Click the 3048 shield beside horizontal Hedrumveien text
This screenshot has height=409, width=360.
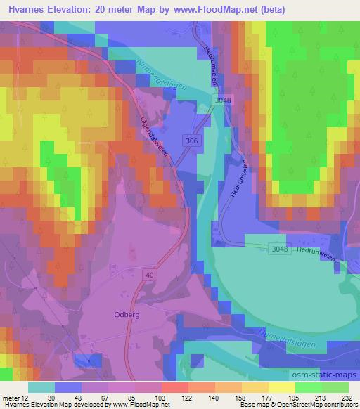click(280, 248)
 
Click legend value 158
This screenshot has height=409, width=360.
click(240, 397)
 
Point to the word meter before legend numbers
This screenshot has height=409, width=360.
click(10, 397)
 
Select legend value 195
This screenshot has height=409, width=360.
click(295, 397)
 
